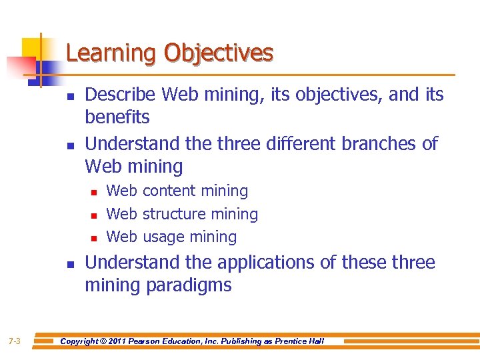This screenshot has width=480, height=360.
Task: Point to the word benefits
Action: click(117, 117)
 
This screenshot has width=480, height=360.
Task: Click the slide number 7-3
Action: click(15, 341)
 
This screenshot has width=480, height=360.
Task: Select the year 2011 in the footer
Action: click(120, 341)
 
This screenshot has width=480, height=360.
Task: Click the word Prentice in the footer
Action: click(291, 341)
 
